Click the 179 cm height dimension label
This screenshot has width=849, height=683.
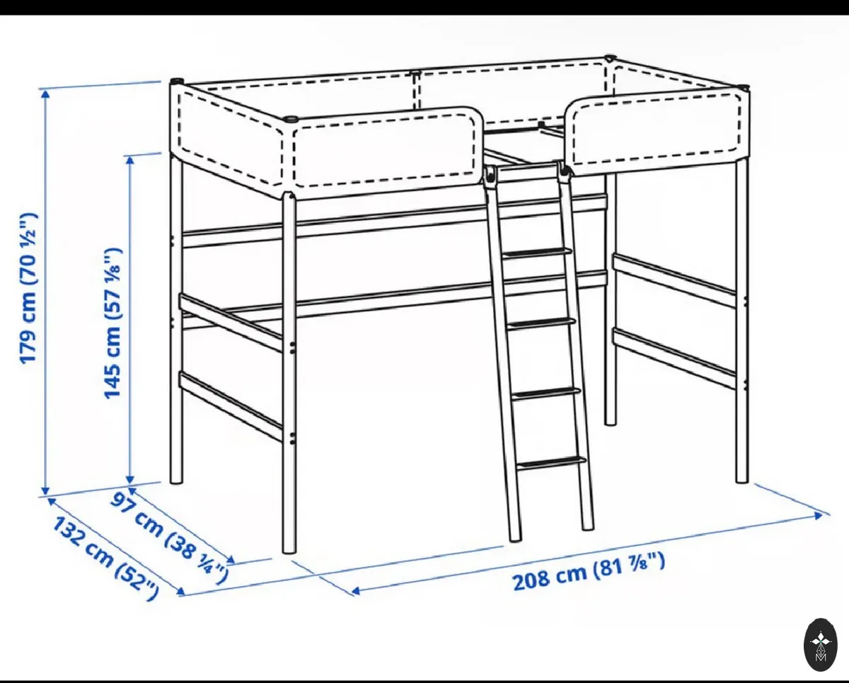pyautogui.click(x=29, y=288)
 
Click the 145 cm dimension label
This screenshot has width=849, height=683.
pyautogui.click(x=112, y=323)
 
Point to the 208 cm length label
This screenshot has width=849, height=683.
pyautogui.click(x=589, y=571)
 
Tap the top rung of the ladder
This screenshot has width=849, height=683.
pyautogui.click(x=536, y=252)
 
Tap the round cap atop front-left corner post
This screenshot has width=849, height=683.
pyautogui.click(x=291, y=119)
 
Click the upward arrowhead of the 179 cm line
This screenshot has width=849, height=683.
pyautogui.click(x=46, y=93)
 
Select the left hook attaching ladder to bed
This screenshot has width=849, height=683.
pyautogui.click(x=490, y=176)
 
